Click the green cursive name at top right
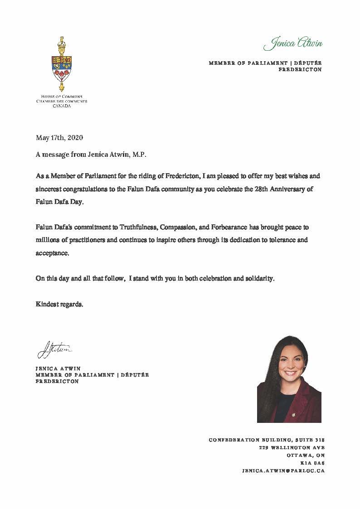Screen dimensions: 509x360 point(293,44)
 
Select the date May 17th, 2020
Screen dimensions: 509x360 point(59,137)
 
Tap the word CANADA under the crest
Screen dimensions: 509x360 point(62,106)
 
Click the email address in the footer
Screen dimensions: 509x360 point(284,470)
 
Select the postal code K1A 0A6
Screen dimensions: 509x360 point(313,463)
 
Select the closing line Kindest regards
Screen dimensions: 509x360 point(59,304)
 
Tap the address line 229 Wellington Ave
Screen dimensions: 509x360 point(292,447)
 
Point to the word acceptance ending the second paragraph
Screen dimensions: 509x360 point(53,253)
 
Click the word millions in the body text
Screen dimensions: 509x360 point(47,240)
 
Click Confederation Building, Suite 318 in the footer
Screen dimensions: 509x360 point(267,440)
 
